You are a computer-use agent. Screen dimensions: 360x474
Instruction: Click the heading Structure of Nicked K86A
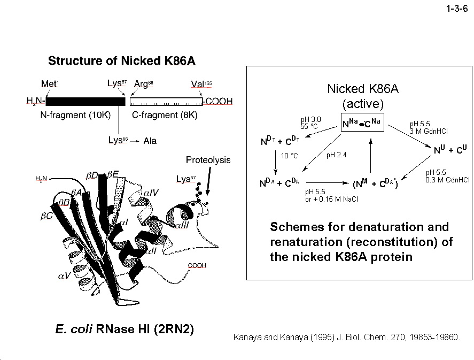click(x=122, y=60)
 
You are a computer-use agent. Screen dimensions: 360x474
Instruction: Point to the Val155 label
click(x=200, y=84)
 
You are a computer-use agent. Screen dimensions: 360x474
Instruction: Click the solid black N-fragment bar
click(x=86, y=101)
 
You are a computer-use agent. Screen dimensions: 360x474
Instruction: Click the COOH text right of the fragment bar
click(x=219, y=101)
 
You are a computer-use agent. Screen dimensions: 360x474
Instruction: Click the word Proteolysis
click(x=208, y=160)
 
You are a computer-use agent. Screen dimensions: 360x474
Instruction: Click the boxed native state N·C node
click(x=361, y=124)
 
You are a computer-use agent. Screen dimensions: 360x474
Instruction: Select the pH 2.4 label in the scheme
click(x=336, y=156)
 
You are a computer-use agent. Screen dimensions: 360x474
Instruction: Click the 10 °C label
click(x=289, y=156)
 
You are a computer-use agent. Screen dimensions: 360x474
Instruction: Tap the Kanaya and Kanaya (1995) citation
click(x=347, y=338)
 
